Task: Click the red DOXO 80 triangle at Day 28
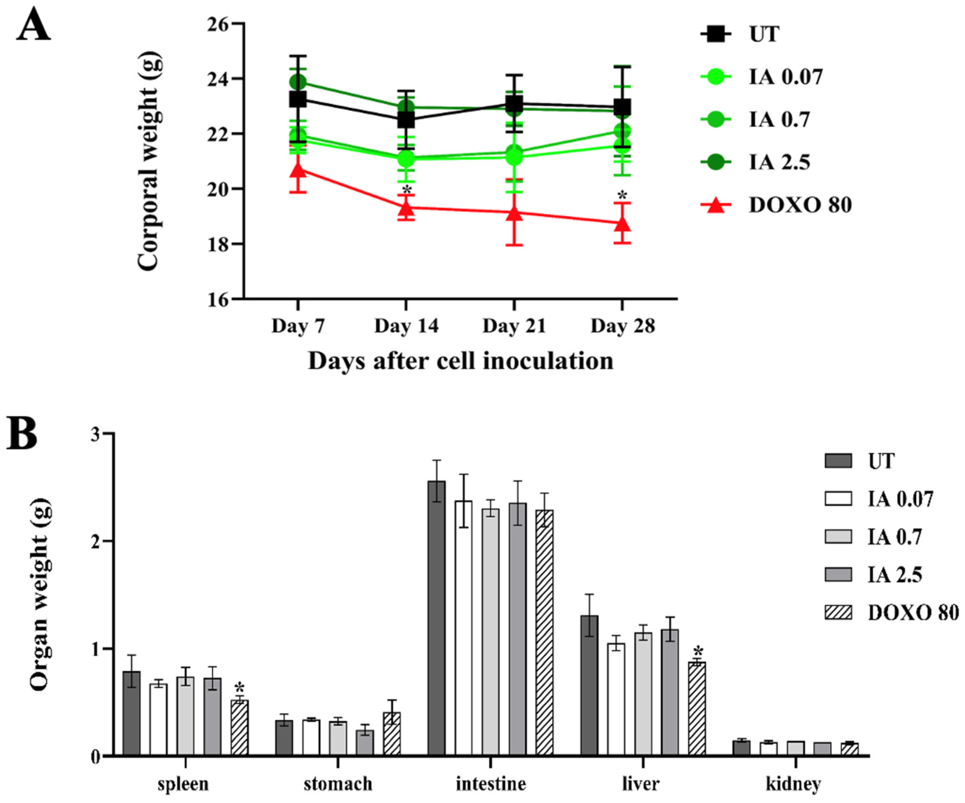click(x=622, y=224)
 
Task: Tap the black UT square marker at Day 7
click(x=298, y=99)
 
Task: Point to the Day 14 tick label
click(x=406, y=326)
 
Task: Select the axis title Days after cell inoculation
click(x=460, y=361)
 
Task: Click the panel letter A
click(x=33, y=26)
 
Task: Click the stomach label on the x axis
click(x=338, y=784)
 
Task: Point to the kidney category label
click(x=794, y=784)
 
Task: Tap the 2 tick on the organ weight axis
click(x=95, y=541)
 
